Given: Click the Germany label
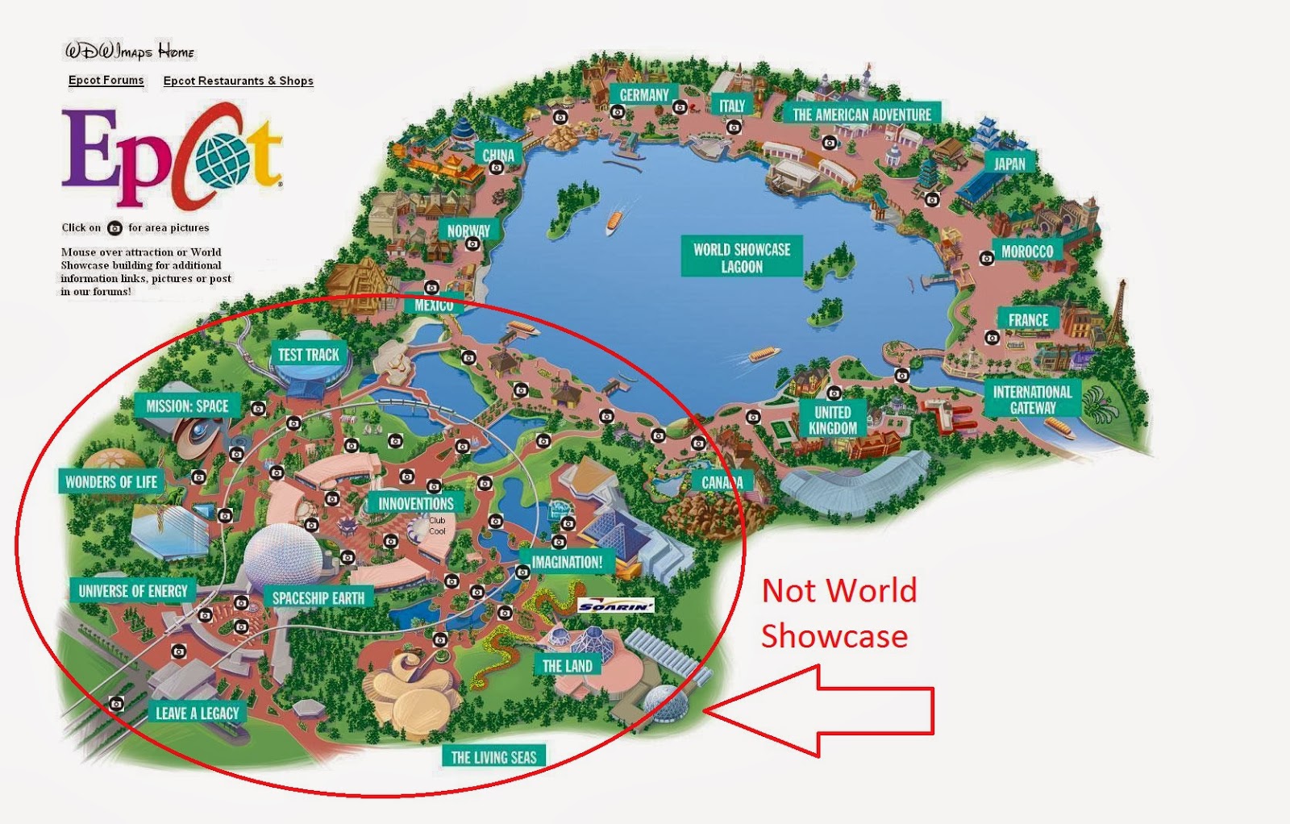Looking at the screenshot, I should tap(643, 95).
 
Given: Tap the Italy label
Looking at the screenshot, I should tap(731, 106).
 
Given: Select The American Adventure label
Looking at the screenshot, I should tap(861, 114).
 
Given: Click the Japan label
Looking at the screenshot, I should tap(1009, 164).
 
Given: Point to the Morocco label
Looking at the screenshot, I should tap(1026, 252).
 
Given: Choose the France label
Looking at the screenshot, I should tap(1028, 320).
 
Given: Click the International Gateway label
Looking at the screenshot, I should tap(1032, 399).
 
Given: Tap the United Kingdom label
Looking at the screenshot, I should tap(833, 420).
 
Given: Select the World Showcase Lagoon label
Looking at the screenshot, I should tap(742, 257).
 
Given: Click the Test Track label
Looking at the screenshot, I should tap(308, 355).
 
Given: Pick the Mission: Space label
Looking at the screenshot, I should tap(187, 406).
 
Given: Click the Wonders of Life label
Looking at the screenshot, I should tap(111, 482).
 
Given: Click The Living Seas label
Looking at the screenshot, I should tap(493, 757).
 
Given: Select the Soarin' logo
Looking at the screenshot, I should tap(616, 606).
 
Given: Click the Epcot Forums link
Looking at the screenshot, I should tap(106, 80).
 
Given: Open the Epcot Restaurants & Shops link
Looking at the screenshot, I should tap(238, 81).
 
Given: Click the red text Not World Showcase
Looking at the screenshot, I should tap(838, 614).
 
